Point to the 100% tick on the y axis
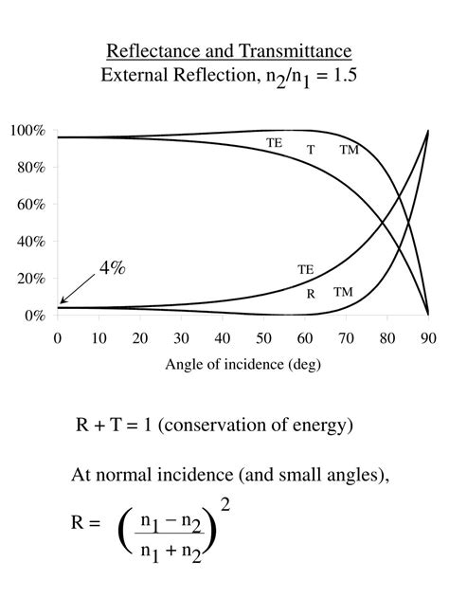27,130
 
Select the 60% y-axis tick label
29,204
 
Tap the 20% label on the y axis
29,278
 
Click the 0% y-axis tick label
33,315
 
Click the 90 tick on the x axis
429,338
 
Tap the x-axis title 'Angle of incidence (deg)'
242,365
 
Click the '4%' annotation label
112,268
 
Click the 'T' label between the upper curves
311,150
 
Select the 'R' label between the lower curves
311,294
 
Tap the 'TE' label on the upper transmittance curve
274,142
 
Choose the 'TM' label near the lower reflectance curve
343,292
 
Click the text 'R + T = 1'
114,426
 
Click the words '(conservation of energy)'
256,426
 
